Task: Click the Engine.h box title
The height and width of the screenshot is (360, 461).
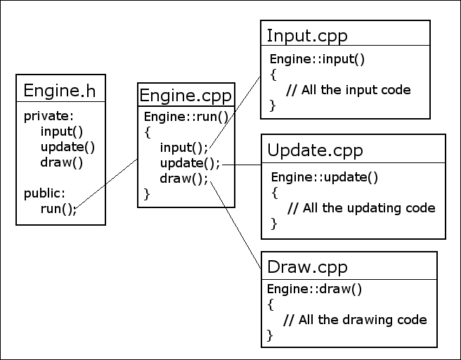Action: pos(60,91)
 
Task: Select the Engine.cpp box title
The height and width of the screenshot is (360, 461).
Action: pos(186,95)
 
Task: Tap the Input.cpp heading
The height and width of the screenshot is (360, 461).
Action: pos(307,35)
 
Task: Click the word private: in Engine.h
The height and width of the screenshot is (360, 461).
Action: pos(48,116)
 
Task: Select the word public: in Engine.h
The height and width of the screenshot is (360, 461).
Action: pos(44,193)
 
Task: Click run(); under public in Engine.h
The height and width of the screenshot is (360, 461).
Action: pos(58,208)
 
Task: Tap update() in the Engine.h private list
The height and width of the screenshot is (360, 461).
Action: pos(67,147)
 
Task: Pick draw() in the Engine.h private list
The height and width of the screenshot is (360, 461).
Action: pos(62,162)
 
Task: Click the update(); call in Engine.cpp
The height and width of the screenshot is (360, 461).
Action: pos(190,162)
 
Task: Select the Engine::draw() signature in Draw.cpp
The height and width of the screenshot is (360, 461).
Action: pos(304,289)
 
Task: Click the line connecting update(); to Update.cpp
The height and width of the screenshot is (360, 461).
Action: pos(241,165)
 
